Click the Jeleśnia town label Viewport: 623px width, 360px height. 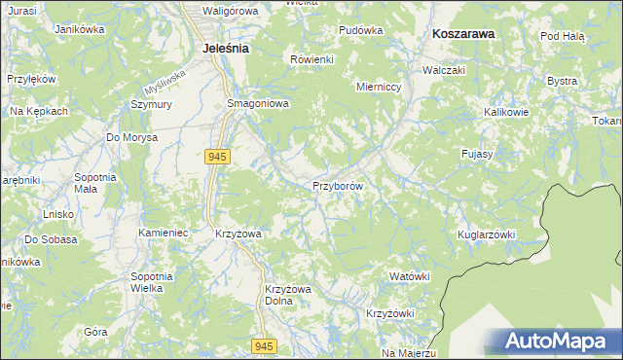pyautogui.click(x=225, y=47)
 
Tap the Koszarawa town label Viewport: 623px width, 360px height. pyautogui.click(x=462, y=32)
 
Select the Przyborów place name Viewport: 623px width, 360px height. pyautogui.click(x=338, y=185)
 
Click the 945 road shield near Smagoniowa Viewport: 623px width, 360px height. pyautogui.click(x=217, y=156)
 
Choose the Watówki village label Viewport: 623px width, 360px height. pyautogui.click(x=409, y=276)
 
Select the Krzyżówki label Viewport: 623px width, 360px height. pyautogui.click(x=390, y=313)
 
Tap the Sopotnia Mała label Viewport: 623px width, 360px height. pyautogui.click(x=95, y=183)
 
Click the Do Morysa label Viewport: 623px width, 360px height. pyautogui.click(x=131, y=137)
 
